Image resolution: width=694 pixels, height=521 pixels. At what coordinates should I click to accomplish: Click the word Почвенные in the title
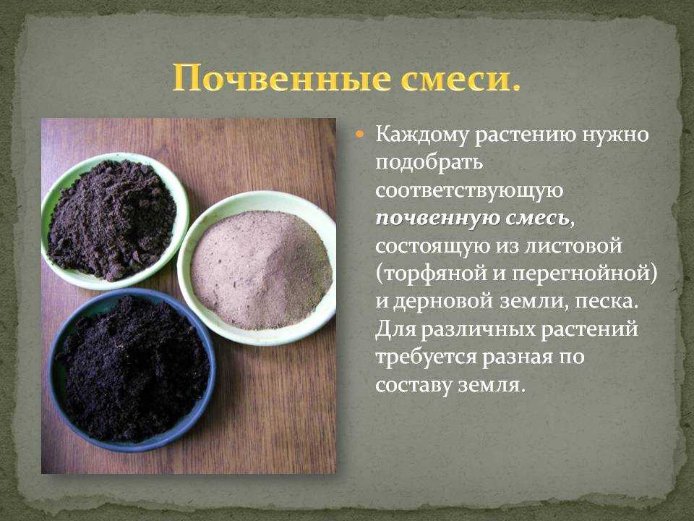[x=282, y=79]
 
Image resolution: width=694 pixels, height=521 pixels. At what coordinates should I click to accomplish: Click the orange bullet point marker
[x=360, y=134]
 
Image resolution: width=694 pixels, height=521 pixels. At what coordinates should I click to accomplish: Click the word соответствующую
[x=469, y=191]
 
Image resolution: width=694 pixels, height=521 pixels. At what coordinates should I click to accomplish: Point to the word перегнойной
[x=581, y=274]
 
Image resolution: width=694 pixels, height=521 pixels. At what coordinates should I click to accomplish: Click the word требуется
[x=426, y=357]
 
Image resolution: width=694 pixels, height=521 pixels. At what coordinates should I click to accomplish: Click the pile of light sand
[x=261, y=269]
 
